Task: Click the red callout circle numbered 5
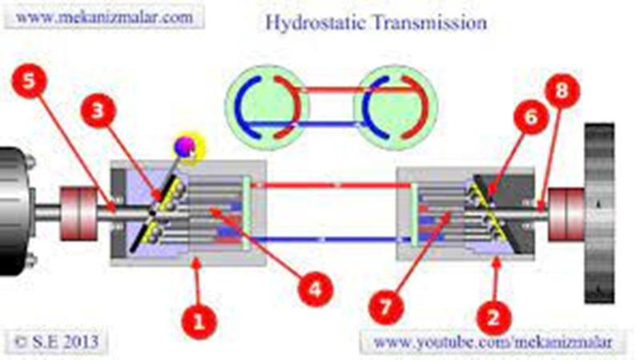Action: [x=29, y=81]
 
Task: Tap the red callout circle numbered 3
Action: [x=98, y=111]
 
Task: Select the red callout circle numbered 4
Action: [x=315, y=289]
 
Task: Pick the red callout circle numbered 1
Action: [x=199, y=322]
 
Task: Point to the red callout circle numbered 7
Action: [x=386, y=307]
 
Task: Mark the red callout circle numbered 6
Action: [x=530, y=116]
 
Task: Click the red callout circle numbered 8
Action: [x=562, y=91]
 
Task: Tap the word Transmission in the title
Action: [x=429, y=22]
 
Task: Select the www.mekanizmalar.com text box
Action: [x=104, y=18]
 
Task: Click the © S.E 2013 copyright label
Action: [x=56, y=342]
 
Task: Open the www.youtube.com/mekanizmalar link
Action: [x=493, y=342]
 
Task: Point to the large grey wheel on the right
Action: [x=599, y=212]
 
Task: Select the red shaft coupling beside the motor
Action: [x=79, y=212]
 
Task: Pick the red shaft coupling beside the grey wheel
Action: [x=566, y=214]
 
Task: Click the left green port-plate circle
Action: [x=267, y=107]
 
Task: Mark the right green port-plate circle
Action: [x=395, y=107]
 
